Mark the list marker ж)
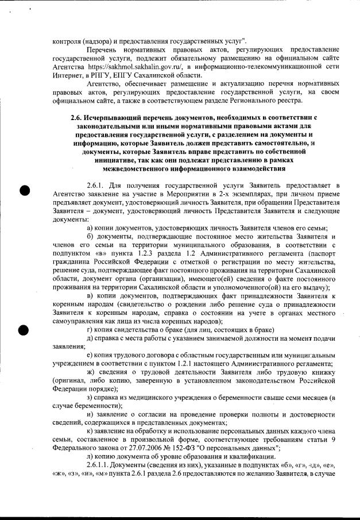tap(90, 372)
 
